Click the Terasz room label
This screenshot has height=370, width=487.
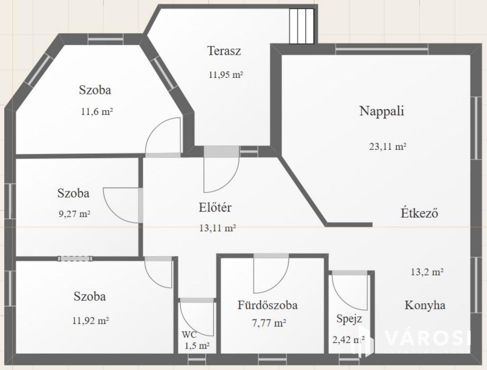[224, 51]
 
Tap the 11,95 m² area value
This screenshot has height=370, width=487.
[226, 75]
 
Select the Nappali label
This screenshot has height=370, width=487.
[382, 111]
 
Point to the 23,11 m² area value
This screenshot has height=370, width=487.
[388, 147]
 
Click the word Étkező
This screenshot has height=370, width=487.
[419, 213]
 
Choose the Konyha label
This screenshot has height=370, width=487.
[425, 305]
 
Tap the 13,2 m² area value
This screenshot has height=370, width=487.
[427, 272]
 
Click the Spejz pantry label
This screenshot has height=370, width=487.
[349, 319]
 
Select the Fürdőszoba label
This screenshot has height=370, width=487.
[267, 305]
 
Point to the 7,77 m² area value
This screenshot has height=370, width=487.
[269, 323]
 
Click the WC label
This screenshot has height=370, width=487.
[189, 334]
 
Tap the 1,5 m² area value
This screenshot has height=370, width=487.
[197, 345]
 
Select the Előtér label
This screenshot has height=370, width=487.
[215, 207]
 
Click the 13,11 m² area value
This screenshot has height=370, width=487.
[217, 228]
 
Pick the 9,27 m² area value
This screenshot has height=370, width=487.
[75, 214]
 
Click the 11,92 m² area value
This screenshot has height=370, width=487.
[90, 321]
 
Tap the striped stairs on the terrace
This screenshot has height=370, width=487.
[302, 26]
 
